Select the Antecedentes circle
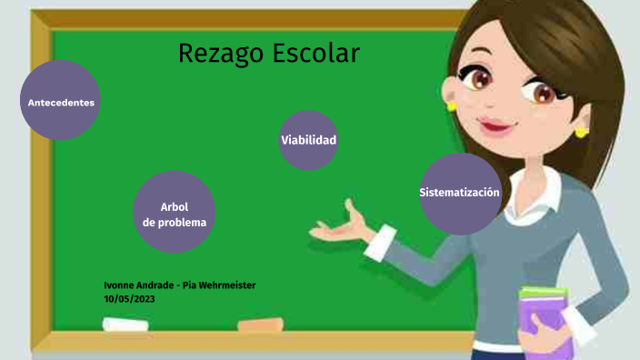pos(61,102)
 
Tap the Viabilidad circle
pos(308,140)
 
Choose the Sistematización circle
pos(460,193)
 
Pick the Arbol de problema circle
pos(175,214)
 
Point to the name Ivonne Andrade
pos(140,285)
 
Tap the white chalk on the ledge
pos(125,324)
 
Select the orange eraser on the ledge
pos(261,324)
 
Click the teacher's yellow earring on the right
pos(582,131)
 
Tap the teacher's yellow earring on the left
pos(450,106)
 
